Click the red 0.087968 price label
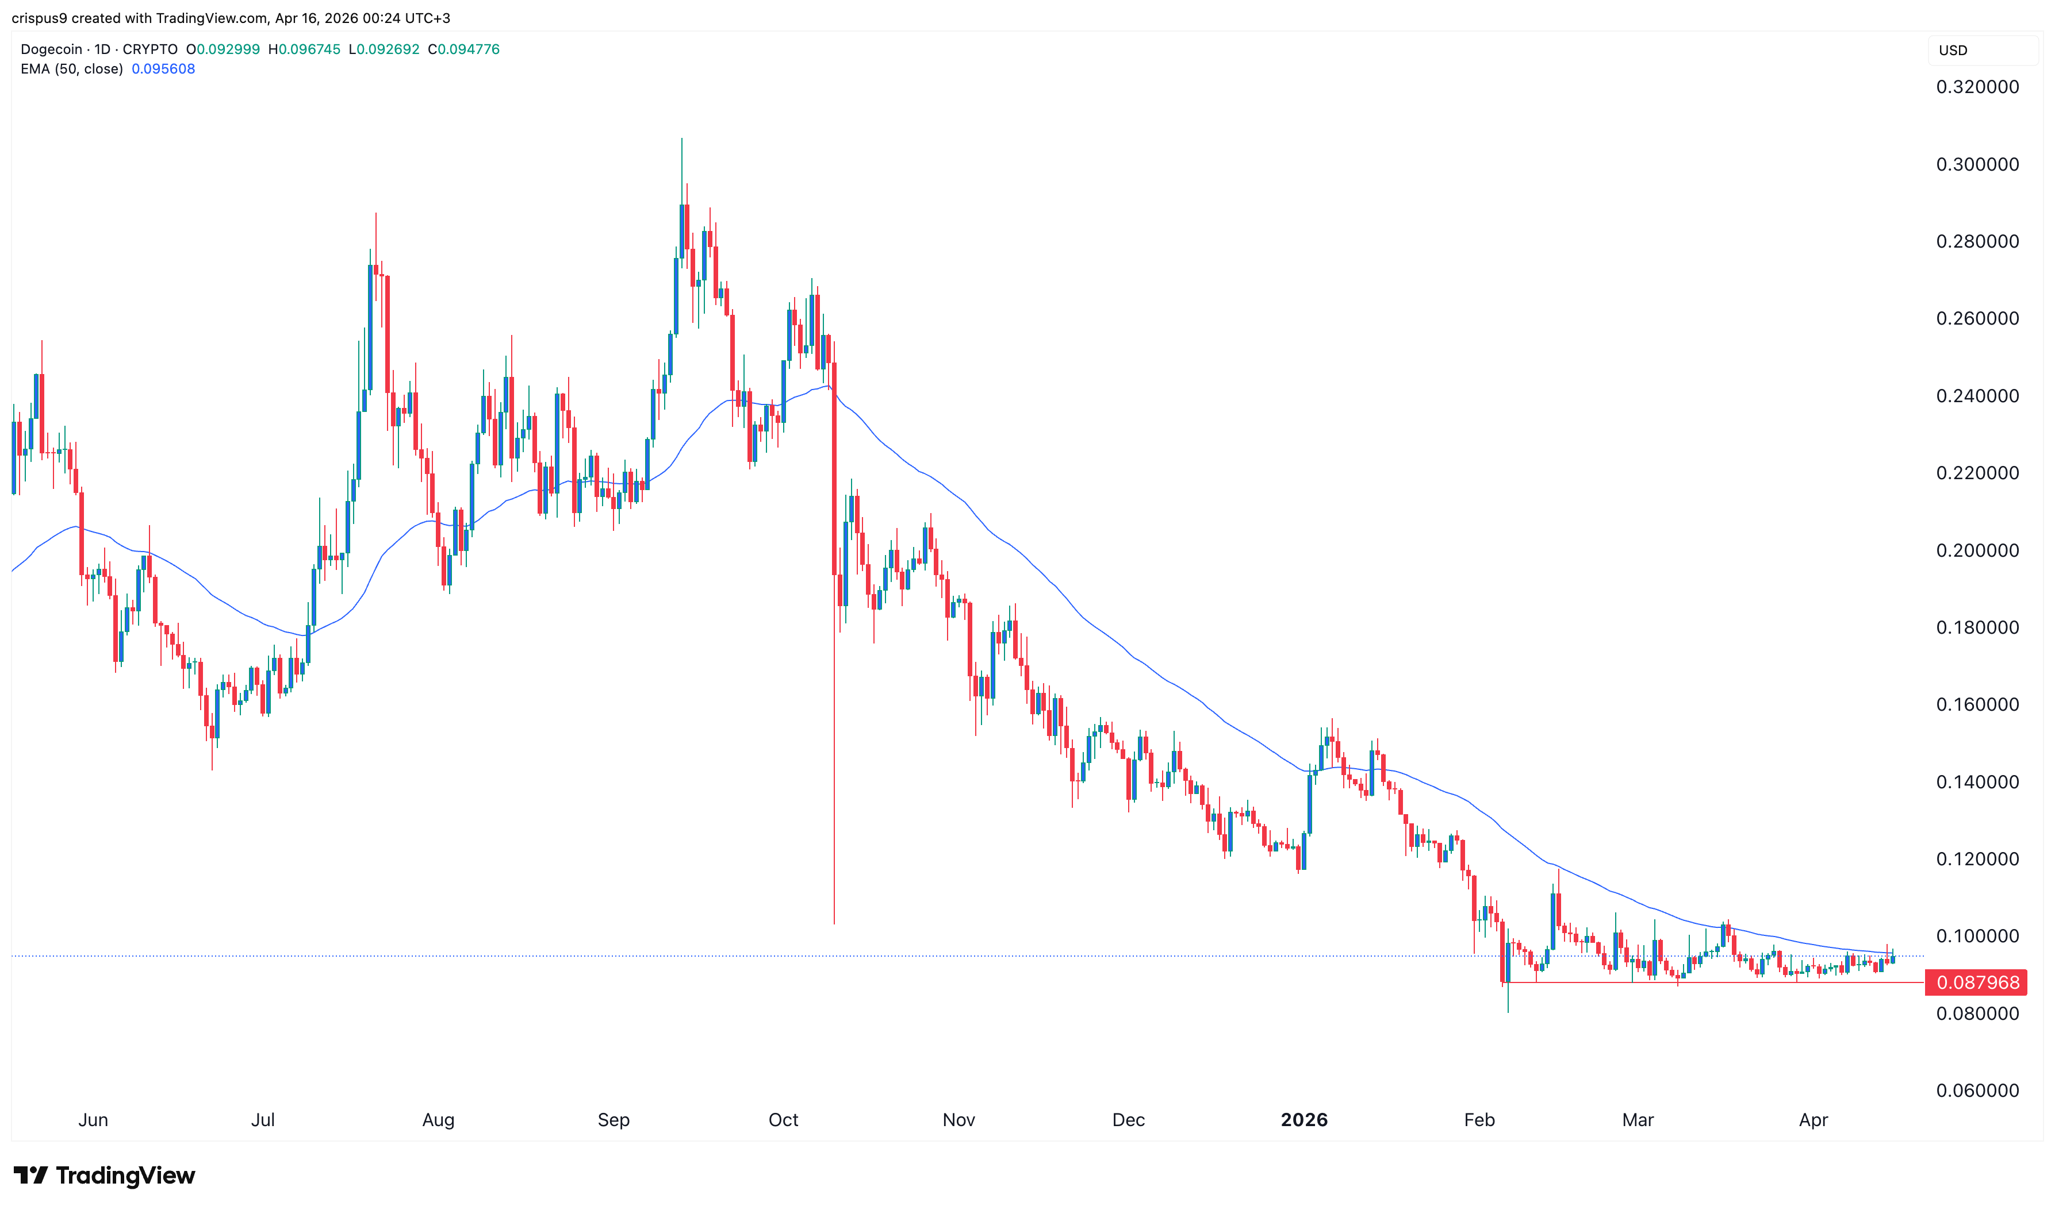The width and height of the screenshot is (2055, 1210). [1977, 982]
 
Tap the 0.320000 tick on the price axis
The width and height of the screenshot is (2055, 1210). [1977, 87]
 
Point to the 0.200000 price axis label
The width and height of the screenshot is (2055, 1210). [1977, 550]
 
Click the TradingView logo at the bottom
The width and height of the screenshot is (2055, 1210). [105, 1175]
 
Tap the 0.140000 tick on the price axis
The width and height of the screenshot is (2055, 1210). [1977, 782]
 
